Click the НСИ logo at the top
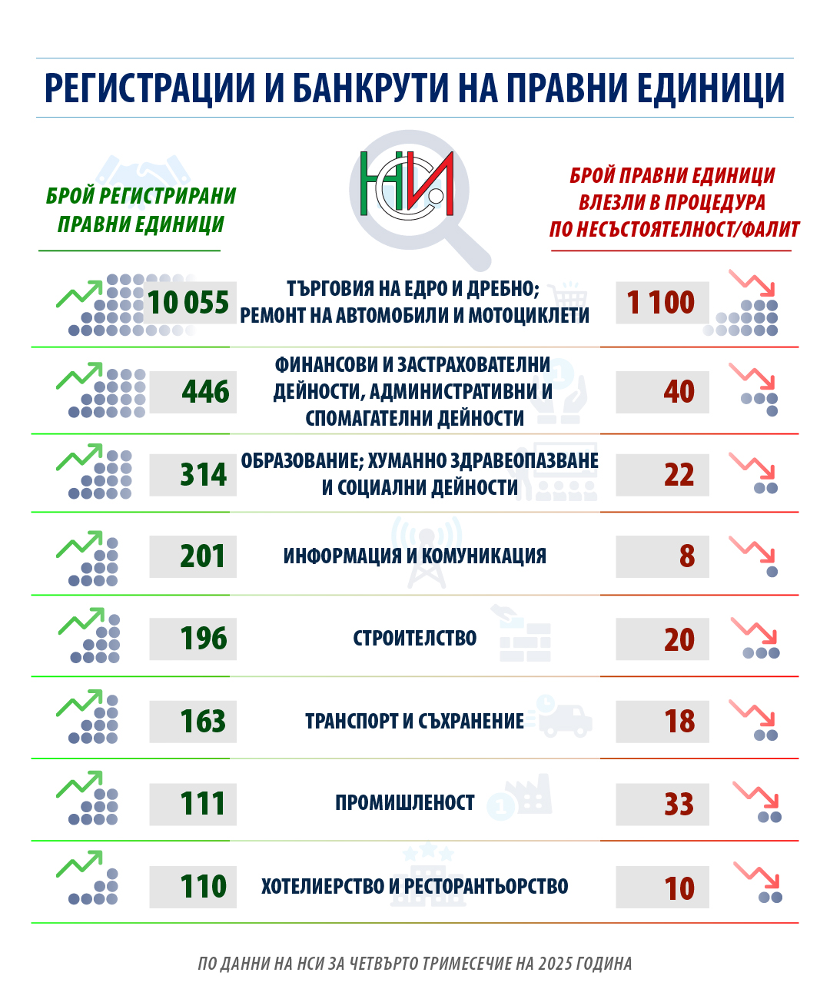[x=407, y=185]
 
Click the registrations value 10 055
[x=188, y=302]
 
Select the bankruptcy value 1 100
[x=661, y=302]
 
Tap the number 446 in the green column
[x=205, y=392]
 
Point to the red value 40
[x=679, y=392]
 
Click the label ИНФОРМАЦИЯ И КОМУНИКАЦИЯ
[x=414, y=556]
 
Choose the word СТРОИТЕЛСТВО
[x=414, y=638]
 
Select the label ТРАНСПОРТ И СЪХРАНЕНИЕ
[x=414, y=721]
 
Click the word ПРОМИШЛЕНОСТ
[x=404, y=803]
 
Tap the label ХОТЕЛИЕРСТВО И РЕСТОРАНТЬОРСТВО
[x=414, y=886]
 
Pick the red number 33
[x=679, y=805]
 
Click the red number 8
[x=686, y=556]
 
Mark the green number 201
[x=203, y=556]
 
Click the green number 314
[x=203, y=474]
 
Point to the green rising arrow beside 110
[x=79, y=864]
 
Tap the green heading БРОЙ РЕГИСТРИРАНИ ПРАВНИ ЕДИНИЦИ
[x=141, y=210]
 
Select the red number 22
[x=679, y=474]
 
